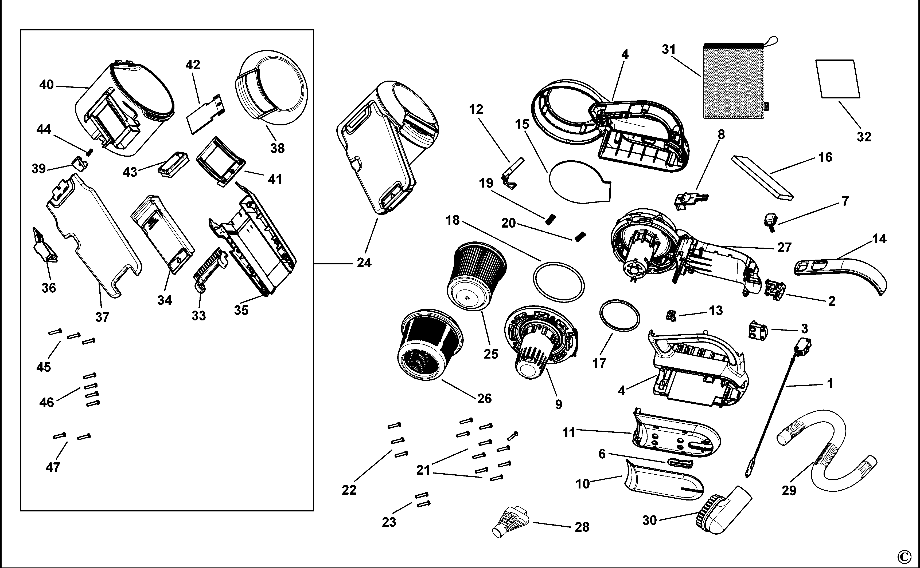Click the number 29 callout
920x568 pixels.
tap(789, 490)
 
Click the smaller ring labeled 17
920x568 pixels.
tap(619, 316)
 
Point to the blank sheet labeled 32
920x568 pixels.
tap(838, 79)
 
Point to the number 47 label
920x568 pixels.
tap(53, 467)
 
